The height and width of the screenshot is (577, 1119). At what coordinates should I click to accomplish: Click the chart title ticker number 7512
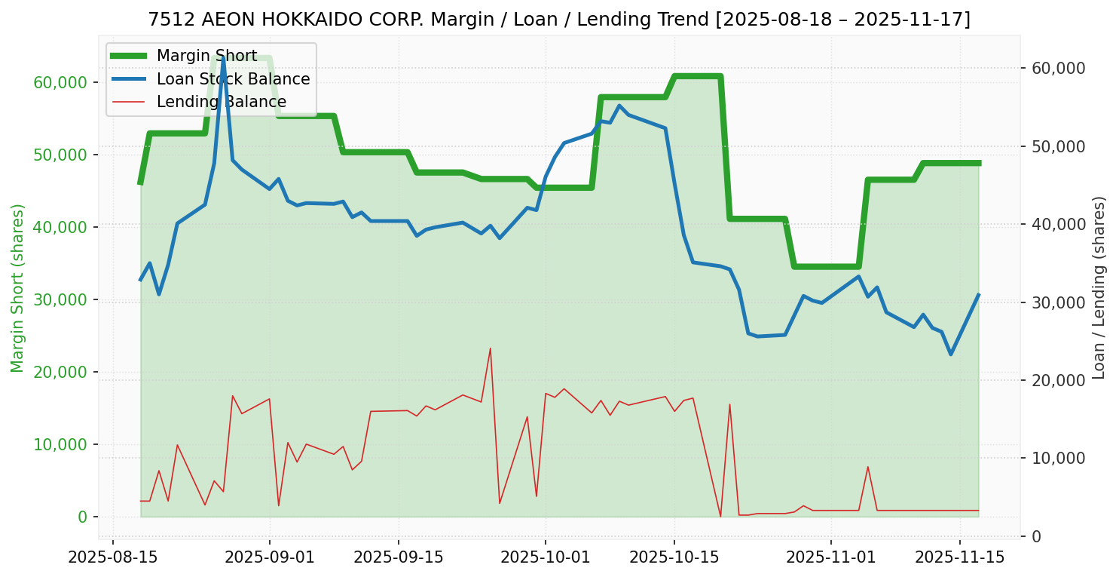(x=164, y=20)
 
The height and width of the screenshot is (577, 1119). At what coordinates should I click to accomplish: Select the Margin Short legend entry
(x=206, y=56)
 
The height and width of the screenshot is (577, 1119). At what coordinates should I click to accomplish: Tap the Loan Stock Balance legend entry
(x=233, y=79)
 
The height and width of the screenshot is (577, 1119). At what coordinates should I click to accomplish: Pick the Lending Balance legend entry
(x=221, y=102)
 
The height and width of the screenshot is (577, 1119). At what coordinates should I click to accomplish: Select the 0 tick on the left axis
(x=82, y=517)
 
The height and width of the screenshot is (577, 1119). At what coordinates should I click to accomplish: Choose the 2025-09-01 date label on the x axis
(x=269, y=557)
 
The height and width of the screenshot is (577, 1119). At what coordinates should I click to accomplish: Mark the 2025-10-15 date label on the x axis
(x=674, y=557)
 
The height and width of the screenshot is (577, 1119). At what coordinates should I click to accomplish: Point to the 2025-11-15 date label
(x=960, y=557)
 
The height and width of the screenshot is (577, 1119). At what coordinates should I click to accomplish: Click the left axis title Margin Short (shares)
(x=17, y=288)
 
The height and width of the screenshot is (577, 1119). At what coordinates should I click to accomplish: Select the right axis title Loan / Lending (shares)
(x=1099, y=288)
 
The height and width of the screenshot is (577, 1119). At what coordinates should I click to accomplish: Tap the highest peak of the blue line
(x=223, y=57)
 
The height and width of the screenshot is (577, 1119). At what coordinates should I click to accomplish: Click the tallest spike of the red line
(x=491, y=348)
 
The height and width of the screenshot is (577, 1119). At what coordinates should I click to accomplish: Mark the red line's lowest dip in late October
(x=720, y=517)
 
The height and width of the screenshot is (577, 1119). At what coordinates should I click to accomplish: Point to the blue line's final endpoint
(x=978, y=295)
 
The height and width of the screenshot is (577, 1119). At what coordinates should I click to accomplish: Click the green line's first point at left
(x=140, y=183)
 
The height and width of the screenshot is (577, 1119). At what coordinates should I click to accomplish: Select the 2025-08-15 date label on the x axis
(x=113, y=557)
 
